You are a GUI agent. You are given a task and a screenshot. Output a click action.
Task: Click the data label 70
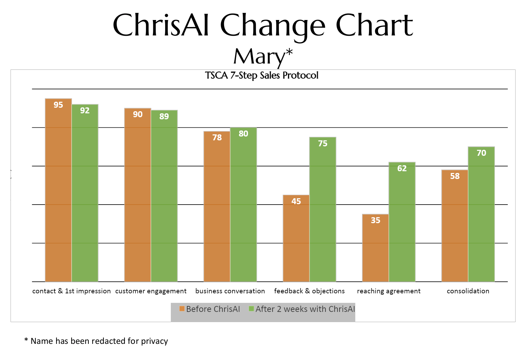481,153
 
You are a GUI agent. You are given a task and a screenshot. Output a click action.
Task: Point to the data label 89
164,116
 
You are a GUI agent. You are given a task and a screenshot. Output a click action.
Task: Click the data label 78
217,138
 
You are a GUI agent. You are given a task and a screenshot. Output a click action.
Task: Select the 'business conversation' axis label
230,291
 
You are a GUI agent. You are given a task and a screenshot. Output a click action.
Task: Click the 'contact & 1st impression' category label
72,291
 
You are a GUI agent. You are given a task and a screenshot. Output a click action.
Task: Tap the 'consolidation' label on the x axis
468,291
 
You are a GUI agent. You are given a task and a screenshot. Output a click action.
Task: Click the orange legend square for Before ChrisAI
182,309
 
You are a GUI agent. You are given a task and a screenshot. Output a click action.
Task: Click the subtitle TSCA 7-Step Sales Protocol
262,75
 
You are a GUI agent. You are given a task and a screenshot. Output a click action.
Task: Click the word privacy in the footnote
154,341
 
